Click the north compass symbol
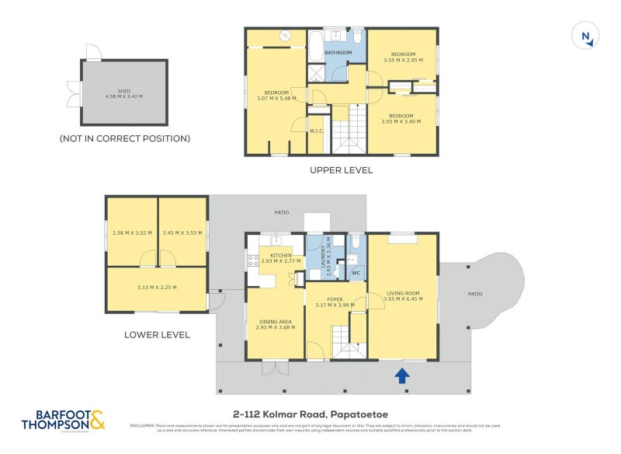click(x=587, y=37)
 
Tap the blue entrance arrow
click(x=402, y=376)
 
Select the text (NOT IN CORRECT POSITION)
click(x=124, y=138)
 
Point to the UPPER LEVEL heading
click(x=341, y=169)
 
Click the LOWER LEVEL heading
click(x=157, y=335)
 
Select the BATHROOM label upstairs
click(x=338, y=53)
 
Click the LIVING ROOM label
click(x=402, y=293)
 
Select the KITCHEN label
click(x=280, y=256)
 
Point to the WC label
click(x=356, y=273)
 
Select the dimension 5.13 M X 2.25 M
click(x=157, y=287)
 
